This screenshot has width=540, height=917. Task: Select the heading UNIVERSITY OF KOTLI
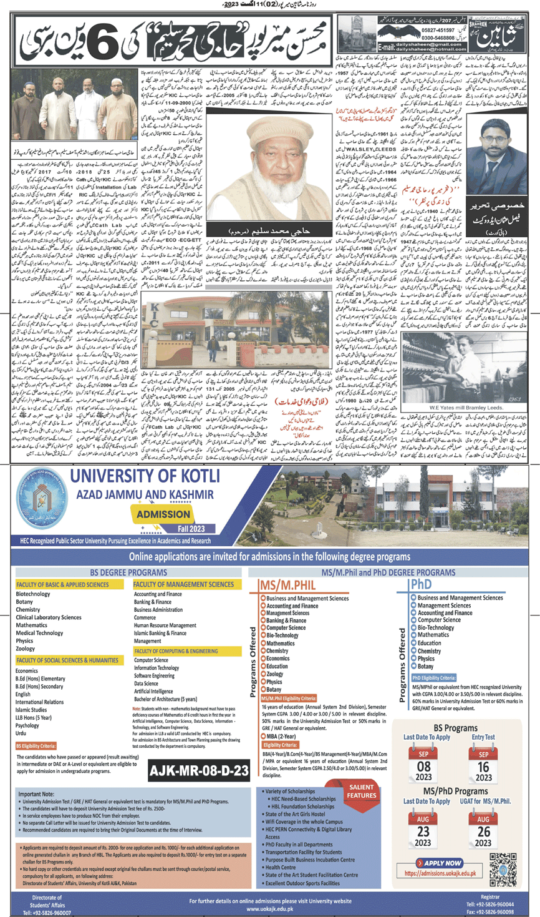click(145, 476)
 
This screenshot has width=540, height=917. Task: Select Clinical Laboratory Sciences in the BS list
click(48, 617)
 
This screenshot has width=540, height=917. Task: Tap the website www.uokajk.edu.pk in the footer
click(270, 909)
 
